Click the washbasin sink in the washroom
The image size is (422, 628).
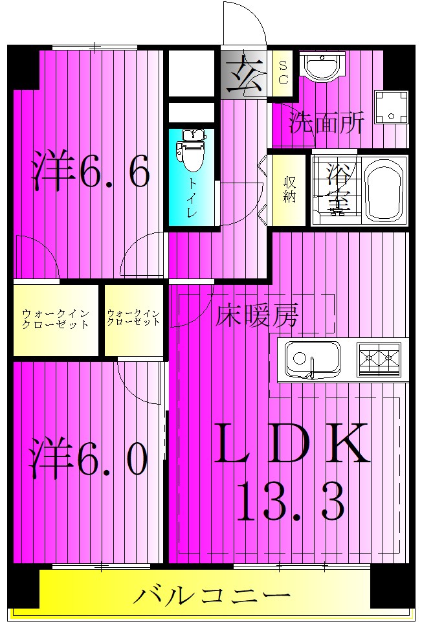coord(322,67)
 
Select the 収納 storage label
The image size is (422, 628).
coord(289,188)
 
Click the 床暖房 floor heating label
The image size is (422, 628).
coord(257,316)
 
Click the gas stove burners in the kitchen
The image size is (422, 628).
coord(379,358)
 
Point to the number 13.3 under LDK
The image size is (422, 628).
coord(291,502)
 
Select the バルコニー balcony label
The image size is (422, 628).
coord(211,595)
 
